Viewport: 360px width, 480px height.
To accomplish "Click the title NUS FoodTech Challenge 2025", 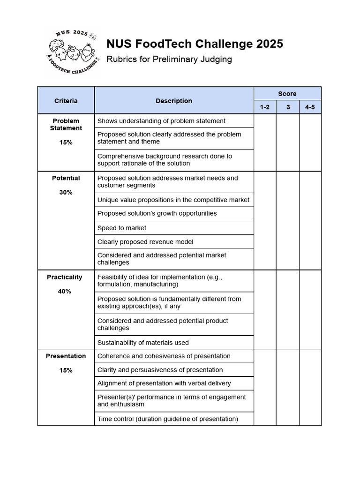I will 195,44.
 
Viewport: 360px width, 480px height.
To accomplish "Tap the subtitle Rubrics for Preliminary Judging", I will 169,60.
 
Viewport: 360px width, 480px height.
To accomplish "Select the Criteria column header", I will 66,101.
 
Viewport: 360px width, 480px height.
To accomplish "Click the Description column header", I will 174,101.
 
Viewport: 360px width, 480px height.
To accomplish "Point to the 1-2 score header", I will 265,107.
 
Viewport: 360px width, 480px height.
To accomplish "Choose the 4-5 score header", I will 310,107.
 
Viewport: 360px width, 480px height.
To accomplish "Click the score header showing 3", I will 288,107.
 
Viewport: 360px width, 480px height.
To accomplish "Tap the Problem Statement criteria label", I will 66,124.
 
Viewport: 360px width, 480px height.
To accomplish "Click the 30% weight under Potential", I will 66,192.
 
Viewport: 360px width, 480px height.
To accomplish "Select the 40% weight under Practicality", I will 65,291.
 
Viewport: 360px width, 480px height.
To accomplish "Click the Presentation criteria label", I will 66,356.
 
